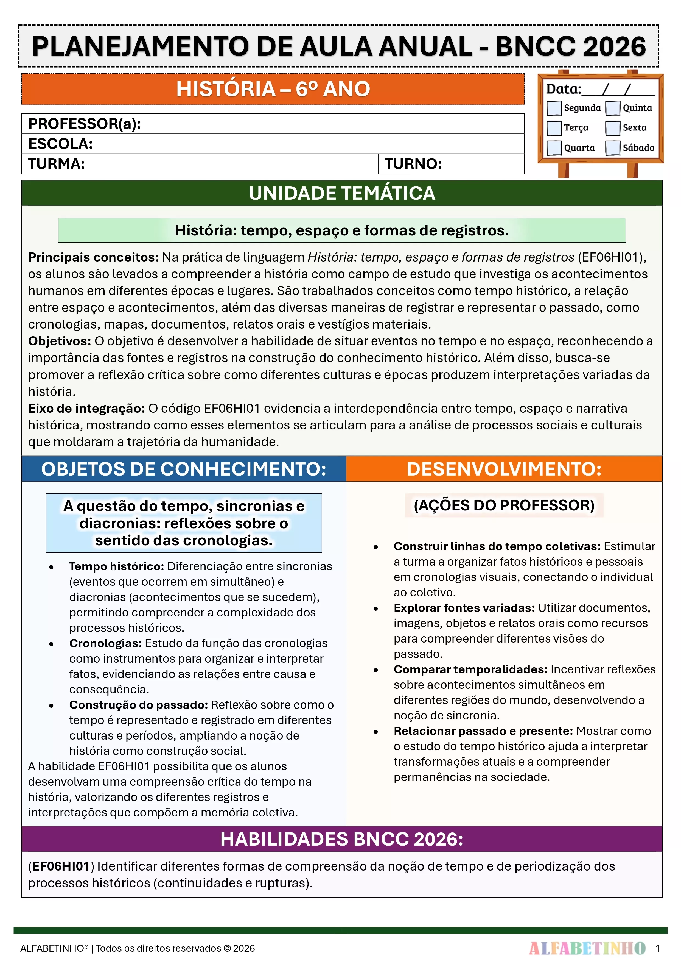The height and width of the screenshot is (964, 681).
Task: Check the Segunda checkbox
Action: tap(554, 108)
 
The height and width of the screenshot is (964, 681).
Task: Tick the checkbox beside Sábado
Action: tap(613, 148)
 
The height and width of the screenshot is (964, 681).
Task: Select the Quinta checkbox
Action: tap(613, 108)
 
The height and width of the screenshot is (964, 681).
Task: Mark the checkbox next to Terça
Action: tap(554, 128)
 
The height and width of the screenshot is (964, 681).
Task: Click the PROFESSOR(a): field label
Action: tap(84, 124)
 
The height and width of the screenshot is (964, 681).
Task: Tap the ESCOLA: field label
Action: tap(60, 144)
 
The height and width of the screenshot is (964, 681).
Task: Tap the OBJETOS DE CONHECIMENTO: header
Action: tap(184, 469)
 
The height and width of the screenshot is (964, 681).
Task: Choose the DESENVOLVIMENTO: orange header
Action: tap(504, 469)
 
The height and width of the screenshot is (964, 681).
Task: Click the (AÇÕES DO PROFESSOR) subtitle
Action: tap(504, 505)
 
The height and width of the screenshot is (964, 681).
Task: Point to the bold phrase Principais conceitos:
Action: tap(93, 257)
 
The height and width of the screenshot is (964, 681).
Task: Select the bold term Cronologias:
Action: tap(105, 643)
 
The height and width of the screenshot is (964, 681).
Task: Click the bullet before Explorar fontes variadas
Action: tap(376, 609)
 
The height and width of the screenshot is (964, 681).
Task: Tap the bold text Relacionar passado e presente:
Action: tap(483, 731)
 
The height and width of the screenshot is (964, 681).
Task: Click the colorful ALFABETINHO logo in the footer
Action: tap(587, 948)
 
